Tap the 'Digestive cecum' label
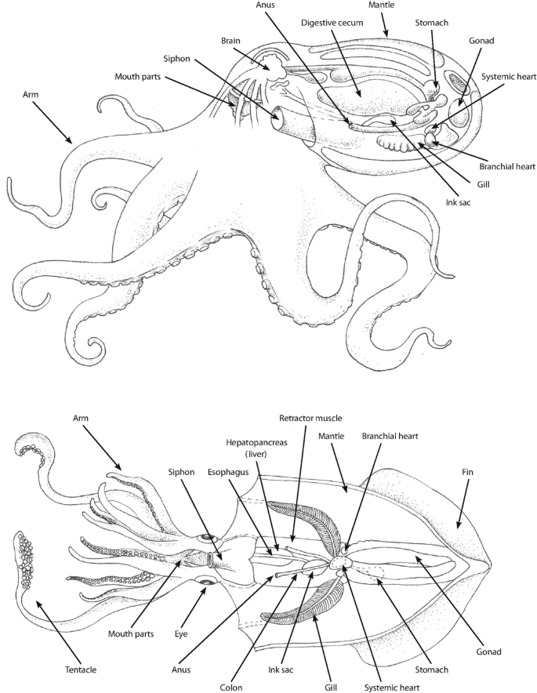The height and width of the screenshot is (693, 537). (336, 23)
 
